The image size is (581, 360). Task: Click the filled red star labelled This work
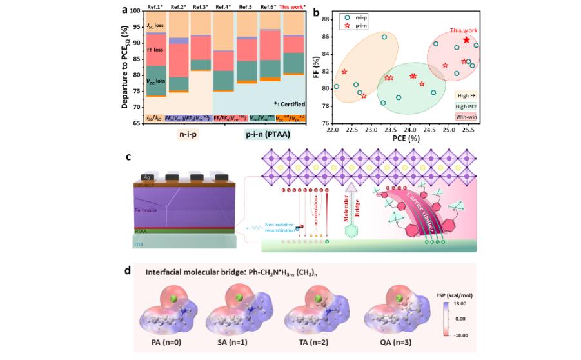coord(466,40)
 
